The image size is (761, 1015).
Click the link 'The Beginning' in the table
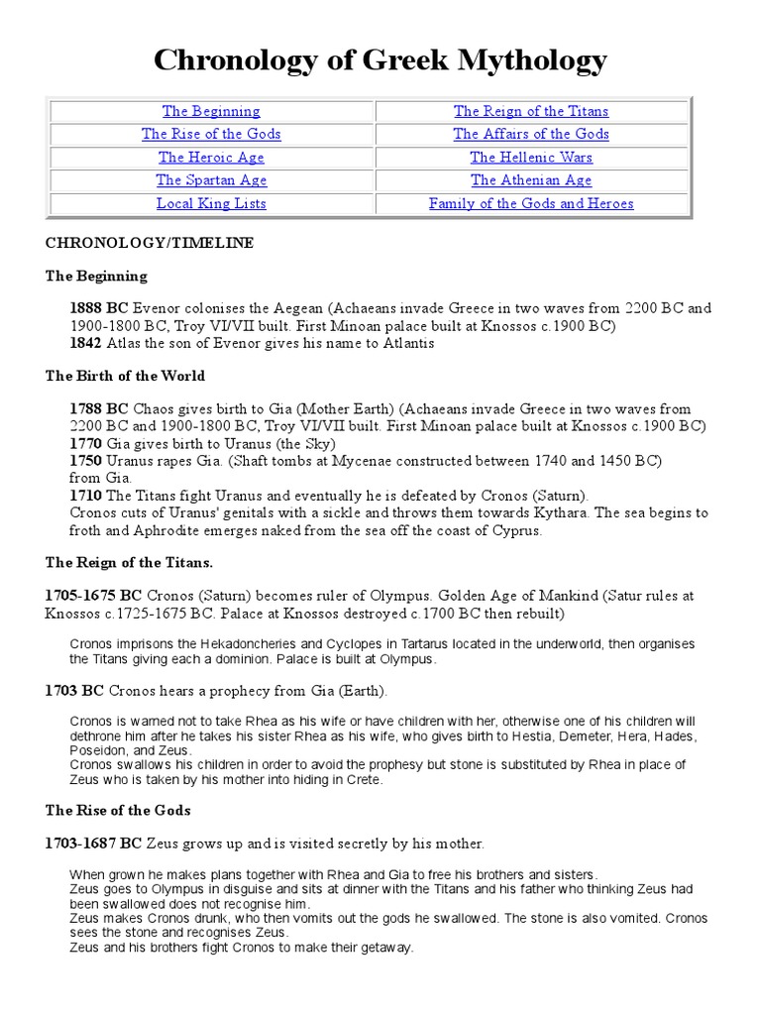pos(211,111)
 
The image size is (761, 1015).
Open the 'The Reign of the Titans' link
pos(531,111)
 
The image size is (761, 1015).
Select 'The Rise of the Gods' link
pos(211,134)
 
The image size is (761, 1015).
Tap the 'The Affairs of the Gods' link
pos(531,134)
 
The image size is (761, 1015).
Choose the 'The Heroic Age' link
pos(211,157)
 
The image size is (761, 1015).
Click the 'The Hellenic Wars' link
pos(531,157)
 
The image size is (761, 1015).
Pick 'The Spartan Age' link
pos(211,179)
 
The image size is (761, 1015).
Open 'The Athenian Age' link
pos(531,179)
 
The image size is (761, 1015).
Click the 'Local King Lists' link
pos(211,203)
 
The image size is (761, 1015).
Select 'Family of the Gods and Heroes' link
pos(531,203)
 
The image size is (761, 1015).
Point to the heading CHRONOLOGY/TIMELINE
pos(149,243)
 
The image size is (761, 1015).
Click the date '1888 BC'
pos(99,308)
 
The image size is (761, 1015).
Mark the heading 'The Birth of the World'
pos(126,376)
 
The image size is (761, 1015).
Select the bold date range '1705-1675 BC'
pos(94,596)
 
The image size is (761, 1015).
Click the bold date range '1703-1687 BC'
pos(94,844)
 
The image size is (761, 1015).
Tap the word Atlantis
pos(404,343)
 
